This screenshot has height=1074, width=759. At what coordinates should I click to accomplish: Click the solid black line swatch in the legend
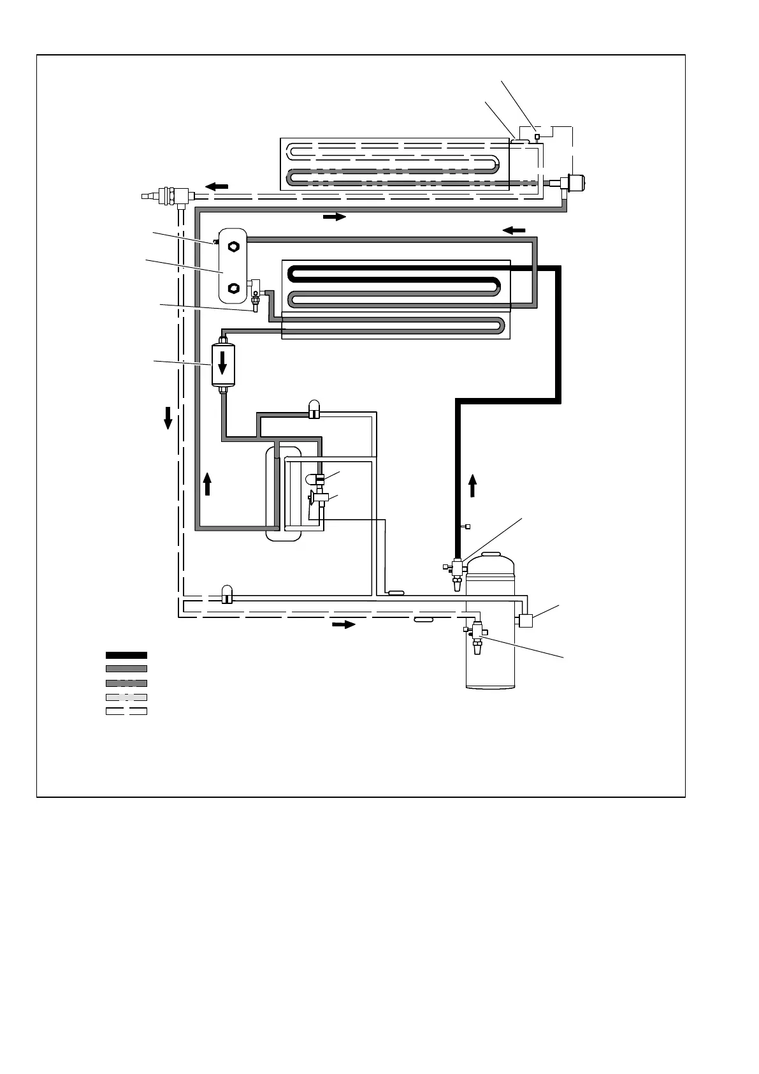point(126,655)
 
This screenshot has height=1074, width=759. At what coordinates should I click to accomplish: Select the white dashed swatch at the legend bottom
point(126,710)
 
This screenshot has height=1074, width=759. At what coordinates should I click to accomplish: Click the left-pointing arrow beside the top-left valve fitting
point(217,186)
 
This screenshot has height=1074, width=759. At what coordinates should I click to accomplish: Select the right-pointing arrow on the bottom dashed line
point(343,624)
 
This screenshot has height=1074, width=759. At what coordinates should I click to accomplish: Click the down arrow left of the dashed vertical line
point(168,418)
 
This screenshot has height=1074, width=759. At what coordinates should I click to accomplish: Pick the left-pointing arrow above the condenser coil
point(515,230)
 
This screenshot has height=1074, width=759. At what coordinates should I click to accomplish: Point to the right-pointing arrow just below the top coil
point(334,217)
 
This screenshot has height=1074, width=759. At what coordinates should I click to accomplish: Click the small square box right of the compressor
point(526,620)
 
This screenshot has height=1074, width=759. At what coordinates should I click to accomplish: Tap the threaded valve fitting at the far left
point(164,193)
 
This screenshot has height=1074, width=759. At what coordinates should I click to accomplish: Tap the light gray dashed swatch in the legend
point(126,697)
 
